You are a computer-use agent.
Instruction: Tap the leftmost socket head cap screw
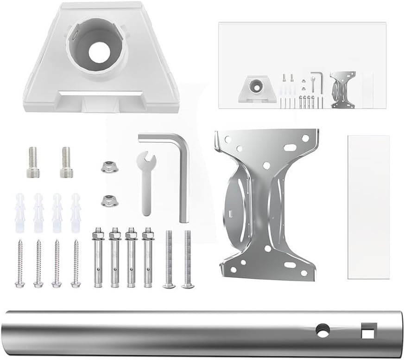33,162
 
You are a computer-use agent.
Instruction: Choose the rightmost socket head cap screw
66,162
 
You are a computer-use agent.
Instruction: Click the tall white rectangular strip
368,207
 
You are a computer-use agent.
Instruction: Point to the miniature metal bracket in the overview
343,89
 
